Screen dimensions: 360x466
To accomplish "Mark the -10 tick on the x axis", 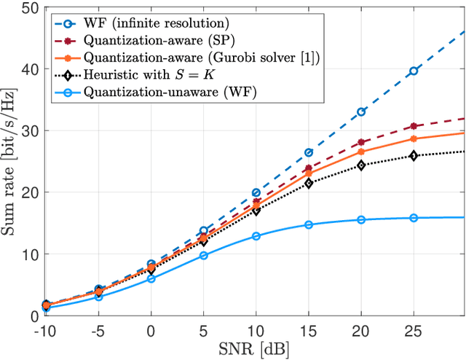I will click(47, 329).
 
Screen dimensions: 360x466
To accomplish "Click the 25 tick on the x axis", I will click(413, 329).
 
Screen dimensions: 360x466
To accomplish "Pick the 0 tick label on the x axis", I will click(151, 329).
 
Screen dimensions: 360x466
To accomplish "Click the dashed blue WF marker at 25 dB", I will click(413, 71).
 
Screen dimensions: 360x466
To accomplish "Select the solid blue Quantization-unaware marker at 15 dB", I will click(308, 224).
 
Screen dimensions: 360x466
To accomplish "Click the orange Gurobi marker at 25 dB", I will click(413, 138).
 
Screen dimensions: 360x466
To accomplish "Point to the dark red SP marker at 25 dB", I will click(413, 126).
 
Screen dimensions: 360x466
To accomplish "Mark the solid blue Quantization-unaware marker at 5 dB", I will click(203, 255).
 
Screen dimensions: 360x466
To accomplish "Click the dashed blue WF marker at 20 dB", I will click(360, 111).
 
